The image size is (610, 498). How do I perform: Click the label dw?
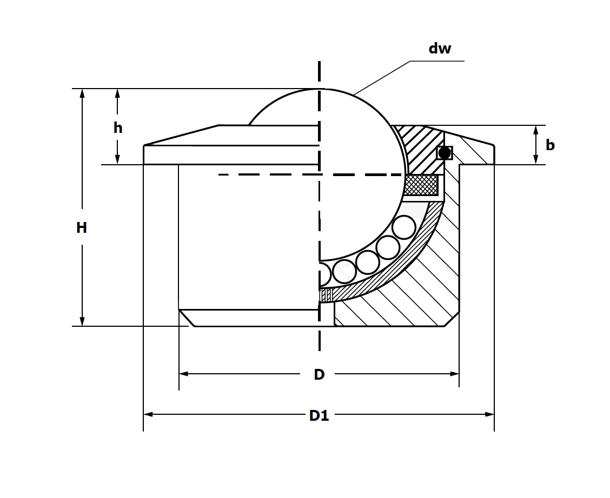(440, 49)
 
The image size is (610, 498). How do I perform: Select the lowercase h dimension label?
(118, 128)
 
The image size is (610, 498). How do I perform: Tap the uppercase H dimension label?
(82, 228)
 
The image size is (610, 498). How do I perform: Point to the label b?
(550, 145)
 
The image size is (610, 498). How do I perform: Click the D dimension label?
(319, 374)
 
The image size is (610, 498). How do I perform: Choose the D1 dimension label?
(319, 415)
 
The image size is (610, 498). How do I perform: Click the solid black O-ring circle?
(445, 153)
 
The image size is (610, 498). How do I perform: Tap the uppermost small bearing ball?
(403, 227)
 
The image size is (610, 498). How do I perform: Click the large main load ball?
(352, 162)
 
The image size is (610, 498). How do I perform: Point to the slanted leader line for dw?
(382, 78)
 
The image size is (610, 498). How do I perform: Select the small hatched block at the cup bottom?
(326, 295)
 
